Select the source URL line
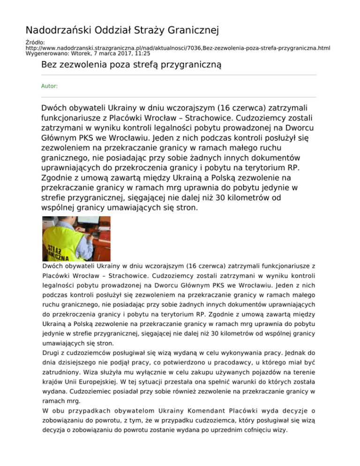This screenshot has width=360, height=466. coord(178,48)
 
